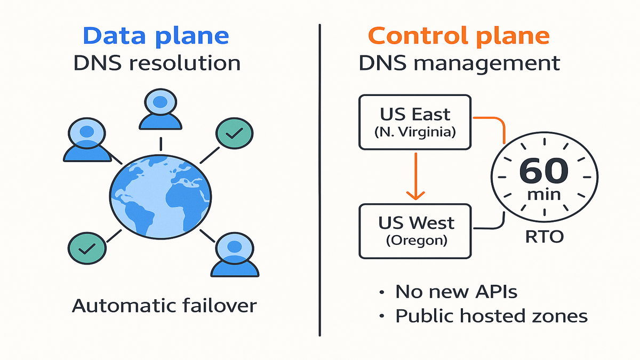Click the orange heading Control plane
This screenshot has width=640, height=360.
(x=459, y=36)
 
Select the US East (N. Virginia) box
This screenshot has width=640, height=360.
(x=415, y=122)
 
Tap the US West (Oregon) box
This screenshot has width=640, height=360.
(x=415, y=230)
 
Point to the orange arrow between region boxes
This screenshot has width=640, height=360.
(x=415, y=176)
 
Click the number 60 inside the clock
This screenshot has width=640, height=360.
(x=543, y=171)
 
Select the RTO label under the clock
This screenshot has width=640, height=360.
(x=543, y=236)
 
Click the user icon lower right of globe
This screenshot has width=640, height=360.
(x=234, y=255)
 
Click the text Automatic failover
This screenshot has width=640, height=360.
(x=164, y=306)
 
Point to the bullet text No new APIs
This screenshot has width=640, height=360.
(x=456, y=292)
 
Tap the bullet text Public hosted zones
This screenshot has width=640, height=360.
(x=491, y=316)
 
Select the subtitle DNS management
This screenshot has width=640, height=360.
(x=459, y=63)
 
